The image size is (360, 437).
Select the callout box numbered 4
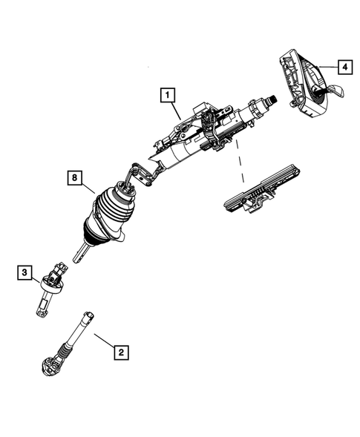pyautogui.click(x=344, y=66)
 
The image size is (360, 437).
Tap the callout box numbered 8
pyautogui.click(x=74, y=178)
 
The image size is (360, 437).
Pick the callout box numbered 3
pyautogui.click(x=24, y=275)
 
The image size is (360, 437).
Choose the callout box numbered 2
pyautogui.click(x=119, y=353)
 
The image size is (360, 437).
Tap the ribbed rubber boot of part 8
pyautogui.click(x=111, y=211)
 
